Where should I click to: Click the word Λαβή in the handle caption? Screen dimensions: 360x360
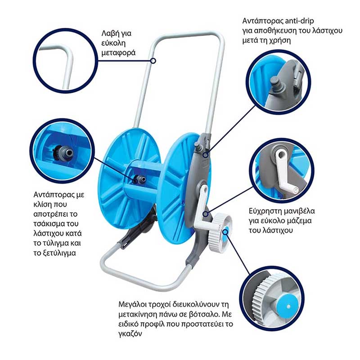pos(109,33)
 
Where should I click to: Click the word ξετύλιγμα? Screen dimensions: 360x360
pos(59,253)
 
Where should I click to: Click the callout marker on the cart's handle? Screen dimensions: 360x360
pos(153,61)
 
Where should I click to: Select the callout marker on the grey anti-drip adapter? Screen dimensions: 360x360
pos(206,155)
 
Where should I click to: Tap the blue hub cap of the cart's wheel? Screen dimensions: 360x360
pos(225,232)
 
